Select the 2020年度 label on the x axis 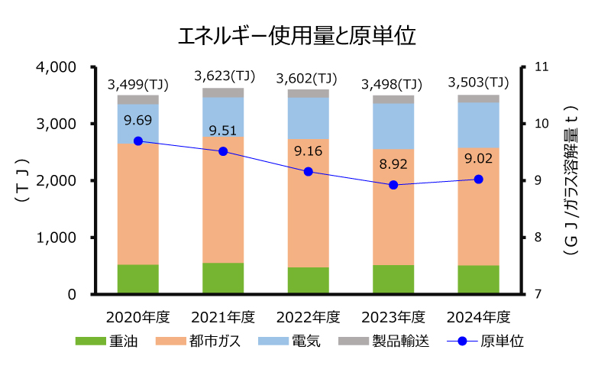(x=137, y=316)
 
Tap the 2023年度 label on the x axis (x=393, y=316)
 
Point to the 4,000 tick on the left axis (x=57, y=67)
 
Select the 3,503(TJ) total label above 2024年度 (x=478, y=83)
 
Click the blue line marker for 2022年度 (x=308, y=172)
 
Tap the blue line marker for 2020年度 (x=137, y=141)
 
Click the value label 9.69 (x=137, y=120)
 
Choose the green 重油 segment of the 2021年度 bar (x=223, y=278)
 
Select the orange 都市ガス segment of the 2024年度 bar (x=478, y=206)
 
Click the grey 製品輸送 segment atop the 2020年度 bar (x=137, y=99)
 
